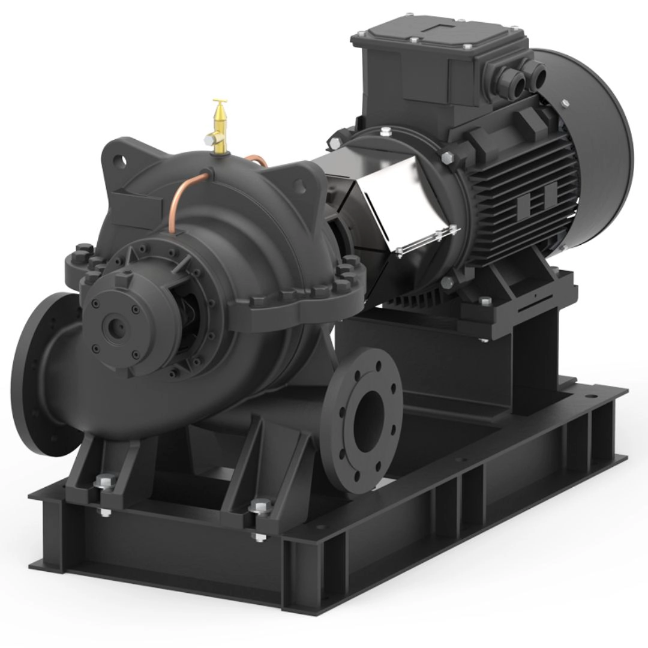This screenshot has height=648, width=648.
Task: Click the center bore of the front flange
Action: [x=367, y=414]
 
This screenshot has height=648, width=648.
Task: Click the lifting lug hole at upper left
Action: [x=124, y=160]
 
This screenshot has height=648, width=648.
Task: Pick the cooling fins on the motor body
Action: [x=528, y=186]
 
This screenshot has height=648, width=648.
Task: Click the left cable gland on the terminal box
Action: [x=516, y=76]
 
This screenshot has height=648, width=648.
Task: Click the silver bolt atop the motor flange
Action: [x=385, y=131]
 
